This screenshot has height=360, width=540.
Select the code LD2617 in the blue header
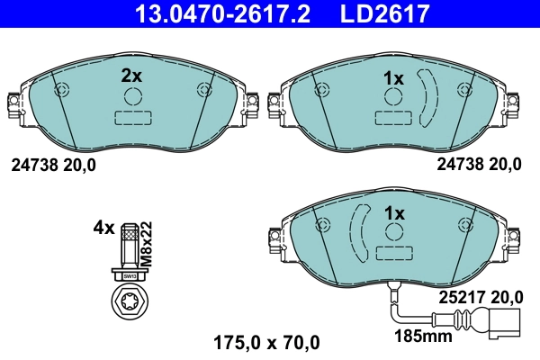[x=378, y=14]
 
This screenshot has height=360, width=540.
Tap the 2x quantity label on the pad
[x=132, y=76]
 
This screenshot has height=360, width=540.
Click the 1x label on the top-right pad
[x=393, y=78]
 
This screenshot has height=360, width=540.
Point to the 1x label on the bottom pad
[x=393, y=213]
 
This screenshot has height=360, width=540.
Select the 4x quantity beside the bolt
[x=103, y=228]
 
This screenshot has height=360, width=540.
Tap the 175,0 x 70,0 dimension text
[x=265, y=342]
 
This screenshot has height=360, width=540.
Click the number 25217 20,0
[x=480, y=294]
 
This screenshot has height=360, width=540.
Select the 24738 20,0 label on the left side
[x=53, y=165]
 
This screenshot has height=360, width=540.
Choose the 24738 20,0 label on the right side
[x=479, y=164]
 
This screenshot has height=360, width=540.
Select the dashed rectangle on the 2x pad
[x=132, y=118]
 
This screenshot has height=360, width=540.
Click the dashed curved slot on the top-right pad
[x=427, y=95]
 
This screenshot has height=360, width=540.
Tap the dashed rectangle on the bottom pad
[x=393, y=254]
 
